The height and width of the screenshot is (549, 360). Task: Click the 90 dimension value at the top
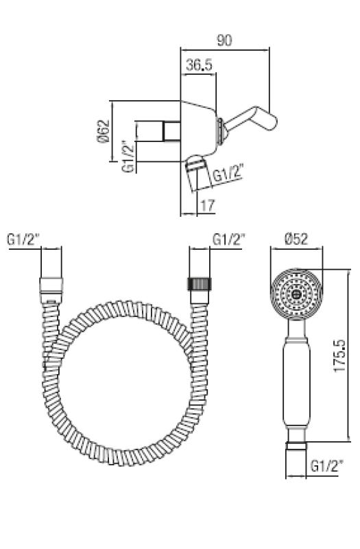click(224, 40)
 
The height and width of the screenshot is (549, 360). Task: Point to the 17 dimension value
click(208, 205)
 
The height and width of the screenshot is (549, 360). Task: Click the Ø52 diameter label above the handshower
click(296, 239)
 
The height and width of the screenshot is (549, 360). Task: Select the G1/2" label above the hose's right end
click(228, 240)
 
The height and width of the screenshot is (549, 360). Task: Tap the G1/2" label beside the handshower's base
click(326, 466)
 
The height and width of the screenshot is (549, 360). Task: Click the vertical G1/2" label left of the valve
click(128, 156)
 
